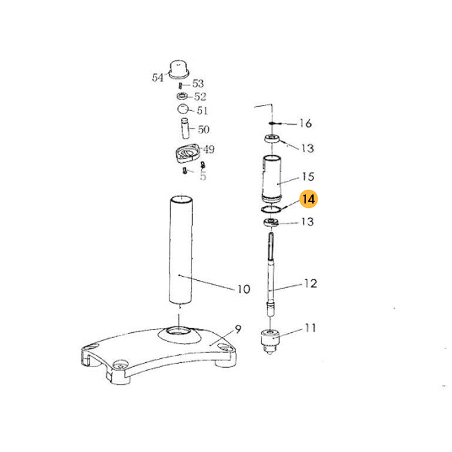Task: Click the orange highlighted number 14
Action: point(308,199)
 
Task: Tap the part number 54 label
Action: point(158,77)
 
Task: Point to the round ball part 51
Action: point(182,109)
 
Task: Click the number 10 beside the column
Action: point(244,289)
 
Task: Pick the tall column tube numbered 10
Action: point(181,250)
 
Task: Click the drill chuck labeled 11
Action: point(270,342)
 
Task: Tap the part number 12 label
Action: point(311,284)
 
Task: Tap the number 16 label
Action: point(306,123)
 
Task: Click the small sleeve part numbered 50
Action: point(185,128)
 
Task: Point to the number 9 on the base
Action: point(238,329)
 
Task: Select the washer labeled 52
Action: point(182,95)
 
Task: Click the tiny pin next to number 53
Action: point(180,86)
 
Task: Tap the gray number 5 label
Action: point(203,176)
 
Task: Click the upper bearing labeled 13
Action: point(272,138)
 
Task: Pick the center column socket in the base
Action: point(179,332)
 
